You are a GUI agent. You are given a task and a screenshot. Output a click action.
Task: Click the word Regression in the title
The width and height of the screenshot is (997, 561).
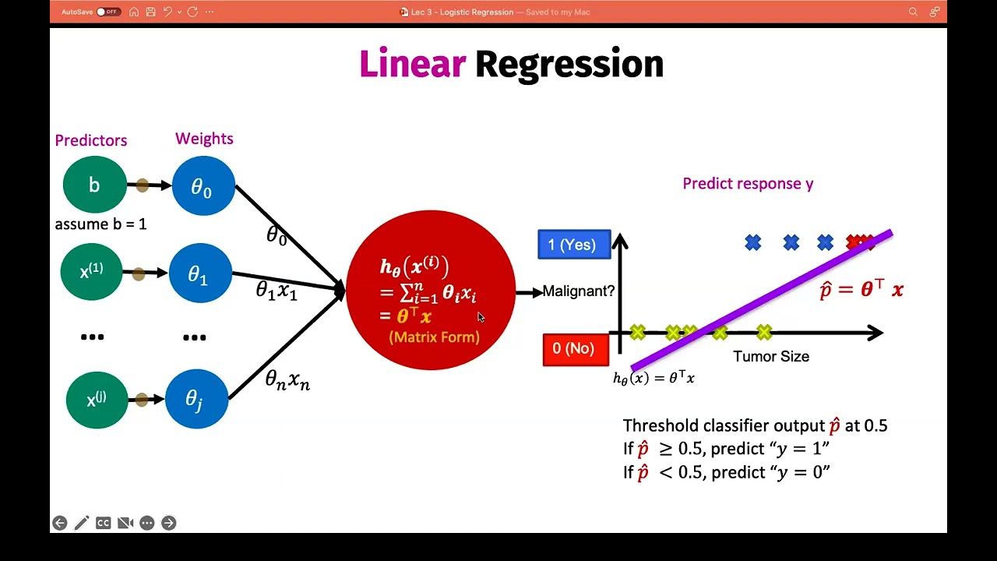click(569, 64)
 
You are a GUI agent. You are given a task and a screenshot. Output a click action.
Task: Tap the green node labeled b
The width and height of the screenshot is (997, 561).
click(94, 185)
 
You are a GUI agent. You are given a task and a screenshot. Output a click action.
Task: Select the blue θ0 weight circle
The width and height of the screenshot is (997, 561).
click(203, 186)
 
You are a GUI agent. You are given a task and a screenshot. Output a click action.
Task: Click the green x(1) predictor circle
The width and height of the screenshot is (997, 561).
click(92, 272)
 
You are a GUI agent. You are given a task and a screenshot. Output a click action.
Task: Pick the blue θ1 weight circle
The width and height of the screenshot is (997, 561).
click(200, 274)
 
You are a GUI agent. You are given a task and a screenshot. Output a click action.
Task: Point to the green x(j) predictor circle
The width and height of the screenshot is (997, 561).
click(97, 399)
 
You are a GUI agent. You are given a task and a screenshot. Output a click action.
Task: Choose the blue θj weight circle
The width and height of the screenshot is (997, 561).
click(196, 399)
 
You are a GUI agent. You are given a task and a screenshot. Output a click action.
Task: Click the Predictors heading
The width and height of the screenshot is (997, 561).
click(90, 140)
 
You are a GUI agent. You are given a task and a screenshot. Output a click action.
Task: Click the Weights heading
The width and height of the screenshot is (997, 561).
click(204, 139)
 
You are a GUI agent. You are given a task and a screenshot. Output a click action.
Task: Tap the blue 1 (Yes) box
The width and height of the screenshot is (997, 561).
click(574, 245)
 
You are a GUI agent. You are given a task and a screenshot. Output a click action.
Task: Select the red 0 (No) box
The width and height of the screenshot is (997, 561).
click(575, 349)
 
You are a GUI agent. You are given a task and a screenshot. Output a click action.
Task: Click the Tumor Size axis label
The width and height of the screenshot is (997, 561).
click(770, 357)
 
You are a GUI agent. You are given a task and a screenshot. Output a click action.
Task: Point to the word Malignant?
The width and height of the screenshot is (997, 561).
click(578, 291)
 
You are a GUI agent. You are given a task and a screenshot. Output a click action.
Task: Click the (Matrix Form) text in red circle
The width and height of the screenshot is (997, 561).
click(434, 337)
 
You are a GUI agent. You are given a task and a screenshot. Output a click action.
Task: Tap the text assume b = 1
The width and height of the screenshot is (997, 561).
click(100, 224)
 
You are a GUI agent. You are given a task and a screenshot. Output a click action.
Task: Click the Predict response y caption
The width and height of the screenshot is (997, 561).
click(747, 184)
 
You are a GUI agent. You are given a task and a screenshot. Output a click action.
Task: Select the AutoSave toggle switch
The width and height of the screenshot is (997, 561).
click(108, 12)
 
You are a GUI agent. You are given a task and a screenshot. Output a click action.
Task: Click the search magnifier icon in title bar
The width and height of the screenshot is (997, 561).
click(913, 12)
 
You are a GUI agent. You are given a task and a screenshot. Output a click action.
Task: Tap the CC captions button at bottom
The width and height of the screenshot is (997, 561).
click(103, 523)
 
